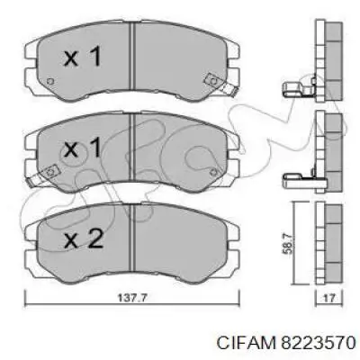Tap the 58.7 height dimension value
(x=287, y=244)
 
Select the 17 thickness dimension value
(x=329, y=298)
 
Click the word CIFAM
(x=246, y=342)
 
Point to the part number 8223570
(x=317, y=342)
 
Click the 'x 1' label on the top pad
(x=82, y=58)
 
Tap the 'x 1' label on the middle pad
(x=82, y=148)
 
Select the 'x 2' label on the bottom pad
(x=84, y=238)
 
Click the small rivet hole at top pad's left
(x=50, y=81)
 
